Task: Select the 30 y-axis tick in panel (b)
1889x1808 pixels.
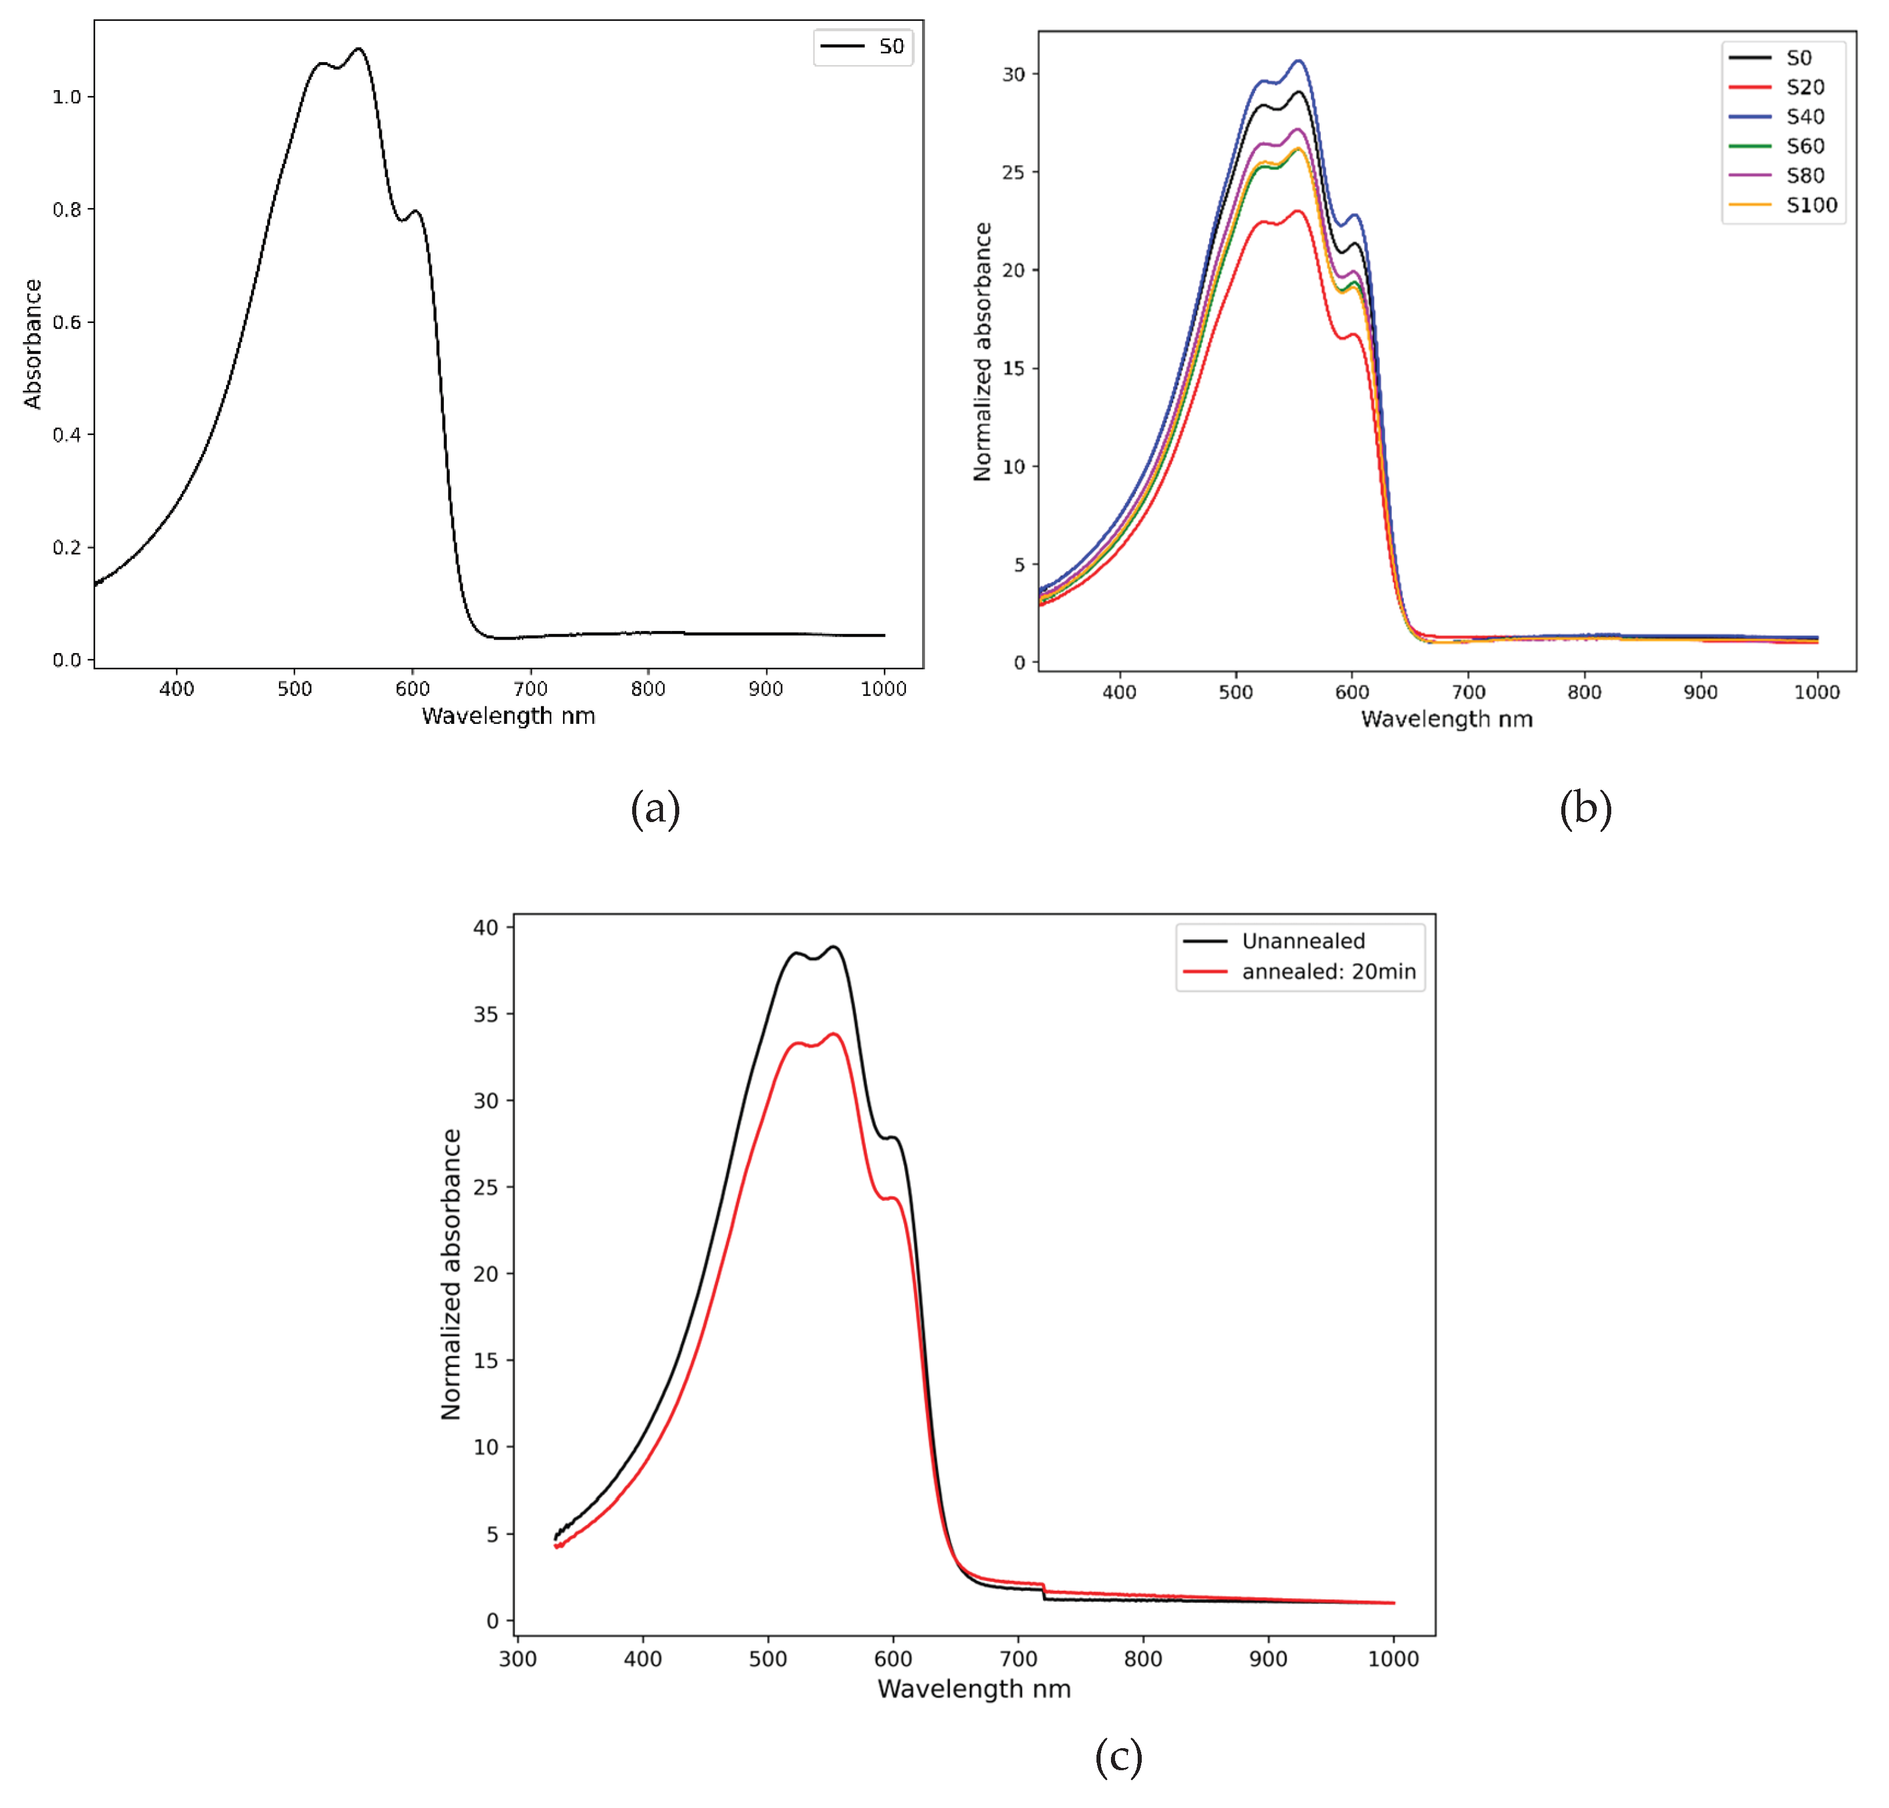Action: tap(1013, 74)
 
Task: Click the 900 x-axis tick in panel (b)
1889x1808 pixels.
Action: tap(1700, 692)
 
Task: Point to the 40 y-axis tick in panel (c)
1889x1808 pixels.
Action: tap(486, 927)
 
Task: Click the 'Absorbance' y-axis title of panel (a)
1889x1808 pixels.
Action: tap(33, 344)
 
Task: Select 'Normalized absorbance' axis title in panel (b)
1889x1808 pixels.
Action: tap(982, 351)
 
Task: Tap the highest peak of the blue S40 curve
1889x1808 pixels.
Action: tap(1299, 61)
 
